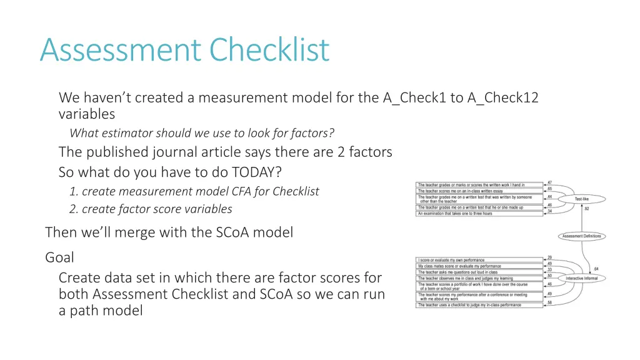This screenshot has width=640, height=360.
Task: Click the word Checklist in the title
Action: pos(269,50)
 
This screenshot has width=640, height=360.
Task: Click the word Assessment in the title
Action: pos(121,50)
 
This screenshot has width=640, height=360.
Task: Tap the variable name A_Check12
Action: pos(502,97)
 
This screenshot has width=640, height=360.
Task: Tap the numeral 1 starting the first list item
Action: pos(73,191)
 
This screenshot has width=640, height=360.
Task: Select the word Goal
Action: pos(59,257)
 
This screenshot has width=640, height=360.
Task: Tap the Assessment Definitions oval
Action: pos(581,236)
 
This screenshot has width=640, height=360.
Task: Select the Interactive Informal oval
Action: pos(581,278)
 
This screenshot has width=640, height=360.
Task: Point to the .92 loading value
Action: pos(586,209)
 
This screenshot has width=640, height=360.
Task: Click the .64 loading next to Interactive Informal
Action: pos(596,269)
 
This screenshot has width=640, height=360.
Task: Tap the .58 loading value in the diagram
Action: pos(549,302)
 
